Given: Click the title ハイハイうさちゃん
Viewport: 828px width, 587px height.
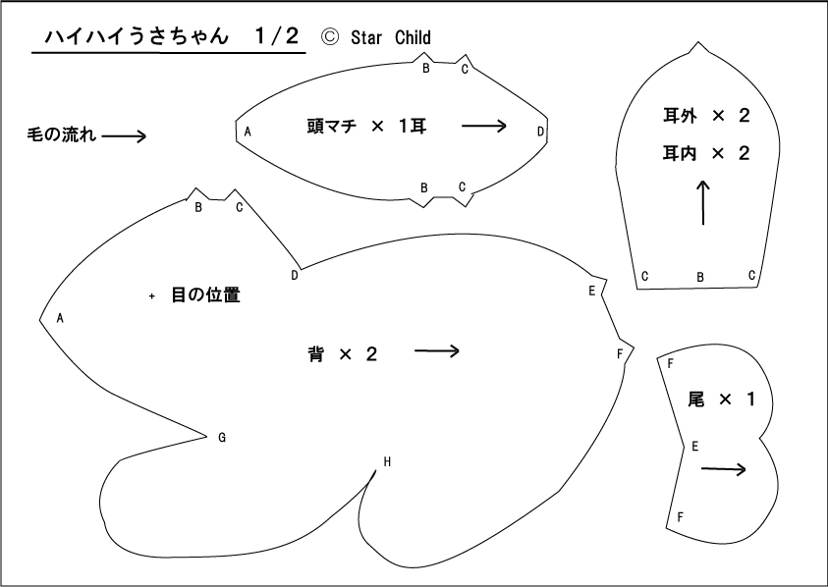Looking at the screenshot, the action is (x=137, y=36).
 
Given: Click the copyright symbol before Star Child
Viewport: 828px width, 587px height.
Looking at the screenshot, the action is (x=330, y=37).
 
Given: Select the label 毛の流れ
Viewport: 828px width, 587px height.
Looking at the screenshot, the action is (x=61, y=135).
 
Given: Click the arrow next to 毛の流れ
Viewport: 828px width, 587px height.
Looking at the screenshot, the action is (x=124, y=136).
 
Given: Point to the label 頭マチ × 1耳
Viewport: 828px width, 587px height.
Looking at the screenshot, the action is (x=366, y=127).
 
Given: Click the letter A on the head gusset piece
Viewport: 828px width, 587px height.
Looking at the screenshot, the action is (x=248, y=132).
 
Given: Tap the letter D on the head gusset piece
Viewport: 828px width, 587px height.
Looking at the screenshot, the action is (x=540, y=132).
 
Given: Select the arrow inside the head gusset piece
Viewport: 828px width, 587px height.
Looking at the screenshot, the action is (x=484, y=126).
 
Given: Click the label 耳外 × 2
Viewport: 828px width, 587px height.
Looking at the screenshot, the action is (x=706, y=116).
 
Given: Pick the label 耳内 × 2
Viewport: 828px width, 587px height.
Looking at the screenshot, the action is (x=706, y=153).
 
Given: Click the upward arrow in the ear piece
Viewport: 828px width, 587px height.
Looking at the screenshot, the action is (x=703, y=203).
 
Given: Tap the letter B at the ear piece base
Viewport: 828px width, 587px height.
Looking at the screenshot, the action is (x=700, y=277).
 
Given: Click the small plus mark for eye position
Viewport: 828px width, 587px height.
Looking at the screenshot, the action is (x=152, y=296).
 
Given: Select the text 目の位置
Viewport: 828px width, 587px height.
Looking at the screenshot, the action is (x=206, y=294).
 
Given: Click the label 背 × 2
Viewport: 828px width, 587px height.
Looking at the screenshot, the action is (x=343, y=353).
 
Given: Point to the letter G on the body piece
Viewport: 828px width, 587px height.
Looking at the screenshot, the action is (x=222, y=437).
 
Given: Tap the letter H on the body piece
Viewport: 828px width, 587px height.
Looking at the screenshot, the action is (x=387, y=462).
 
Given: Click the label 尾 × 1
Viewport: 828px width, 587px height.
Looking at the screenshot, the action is (x=721, y=400).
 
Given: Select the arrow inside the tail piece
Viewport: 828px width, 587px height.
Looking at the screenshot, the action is (x=724, y=469).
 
